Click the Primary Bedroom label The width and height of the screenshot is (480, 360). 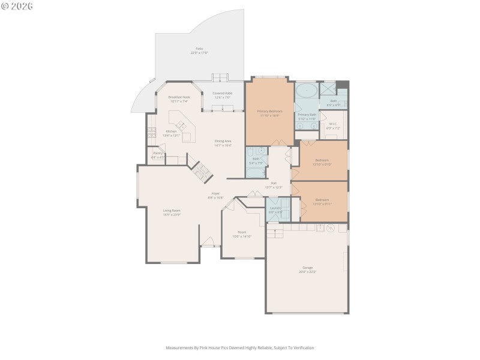tap(269, 111)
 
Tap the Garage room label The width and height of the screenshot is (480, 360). tap(307, 268)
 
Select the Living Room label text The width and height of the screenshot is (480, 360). tap(172, 211)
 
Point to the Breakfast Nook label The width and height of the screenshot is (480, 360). tap(179, 97)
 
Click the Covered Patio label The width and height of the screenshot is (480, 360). tap(223, 93)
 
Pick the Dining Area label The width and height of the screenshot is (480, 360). tap(223, 141)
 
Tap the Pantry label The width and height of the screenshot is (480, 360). tap(158, 153)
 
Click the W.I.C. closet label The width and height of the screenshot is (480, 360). tap(333, 124)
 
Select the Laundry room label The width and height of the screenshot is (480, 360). tap(275, 208)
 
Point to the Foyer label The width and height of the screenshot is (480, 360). tap(215, 193)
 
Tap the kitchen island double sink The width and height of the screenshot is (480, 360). tap(180, 125)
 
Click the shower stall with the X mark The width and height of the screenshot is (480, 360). tap(328, 89)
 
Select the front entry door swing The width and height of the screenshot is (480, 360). tap(208, 242)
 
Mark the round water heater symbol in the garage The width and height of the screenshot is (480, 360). tap(330, 227)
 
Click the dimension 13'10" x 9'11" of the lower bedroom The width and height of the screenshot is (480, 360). tap(322, 203)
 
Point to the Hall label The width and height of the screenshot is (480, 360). tap(274, 183)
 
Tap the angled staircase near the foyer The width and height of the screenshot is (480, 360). tap(202, 173)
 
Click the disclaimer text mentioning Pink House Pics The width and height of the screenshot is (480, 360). tap(240, 347)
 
